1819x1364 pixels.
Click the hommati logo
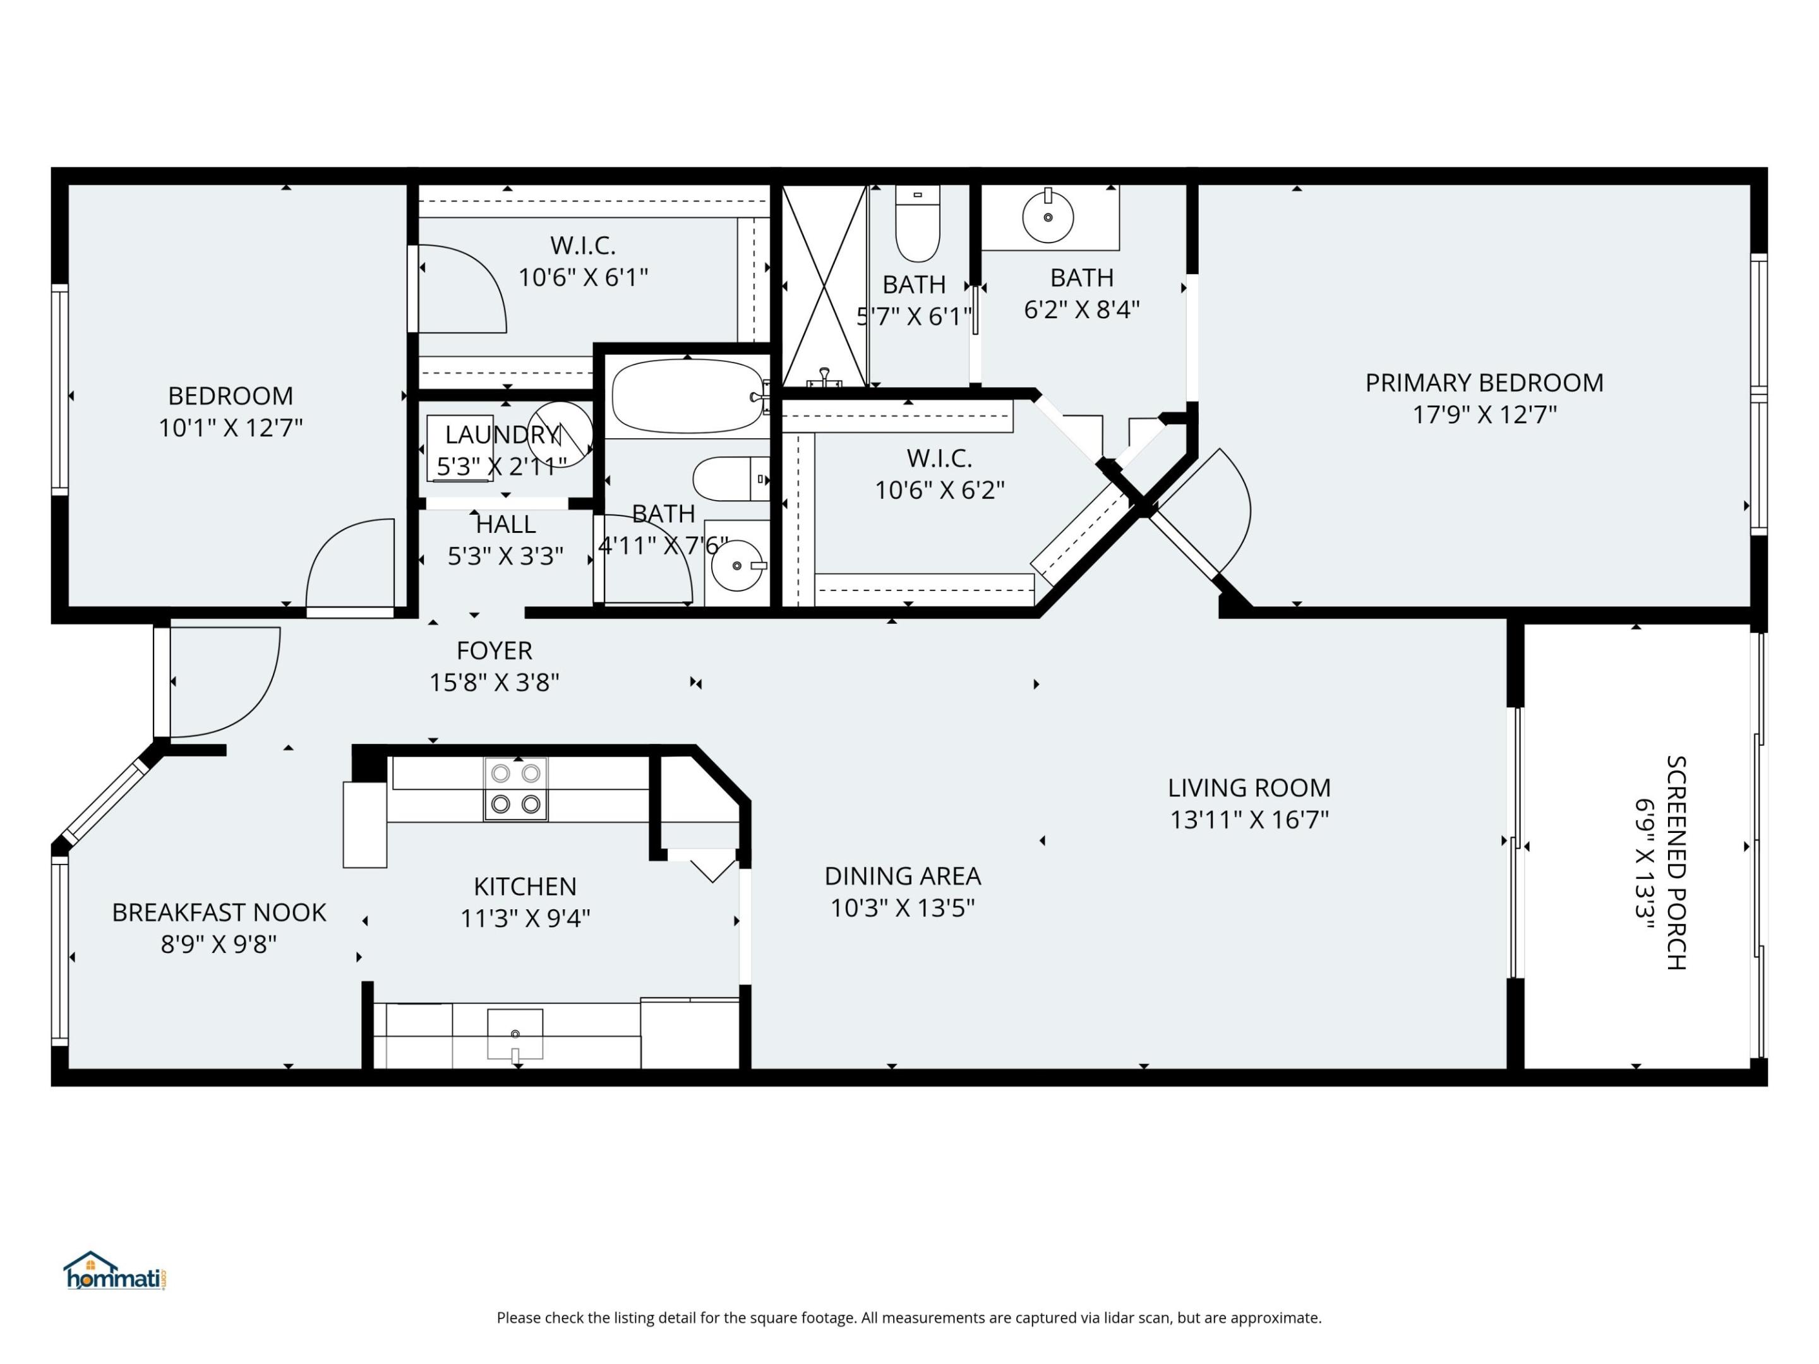(115, 1272)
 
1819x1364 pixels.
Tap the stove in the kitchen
(515, 789)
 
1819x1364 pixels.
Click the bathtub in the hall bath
(687, 395)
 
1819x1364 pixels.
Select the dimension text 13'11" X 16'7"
(1249, 820)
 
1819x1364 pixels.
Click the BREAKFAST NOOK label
(219, 912)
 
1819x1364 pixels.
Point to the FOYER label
(494, 651)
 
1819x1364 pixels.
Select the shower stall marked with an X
(824, 285)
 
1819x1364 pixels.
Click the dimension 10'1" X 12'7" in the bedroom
(231, 428)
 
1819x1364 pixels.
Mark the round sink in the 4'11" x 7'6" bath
(737, 566)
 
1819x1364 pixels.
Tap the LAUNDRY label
(501, 434)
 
